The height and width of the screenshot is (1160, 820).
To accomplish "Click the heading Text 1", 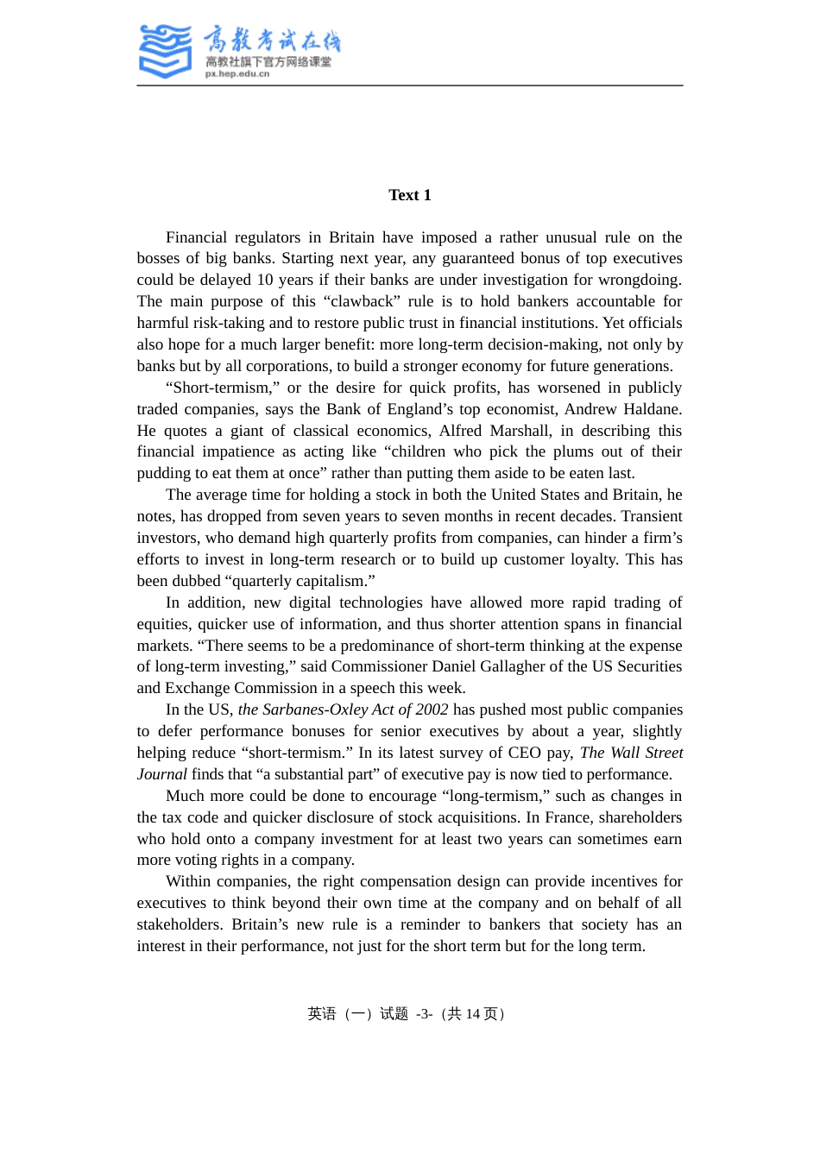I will tap(409, 195).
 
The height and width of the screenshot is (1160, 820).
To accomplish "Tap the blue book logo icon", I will tap(165, 51).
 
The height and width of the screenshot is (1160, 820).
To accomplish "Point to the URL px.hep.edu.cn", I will tap(237, 74).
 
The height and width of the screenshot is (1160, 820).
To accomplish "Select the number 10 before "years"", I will tap(265, 280).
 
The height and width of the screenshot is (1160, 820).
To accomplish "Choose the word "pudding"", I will tap(165, 473).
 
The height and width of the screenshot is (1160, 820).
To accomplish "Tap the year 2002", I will tap(432, 709).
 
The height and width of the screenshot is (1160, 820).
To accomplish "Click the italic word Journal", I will tap(162, 774).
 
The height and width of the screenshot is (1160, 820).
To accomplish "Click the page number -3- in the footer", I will tap(424, 1014).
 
